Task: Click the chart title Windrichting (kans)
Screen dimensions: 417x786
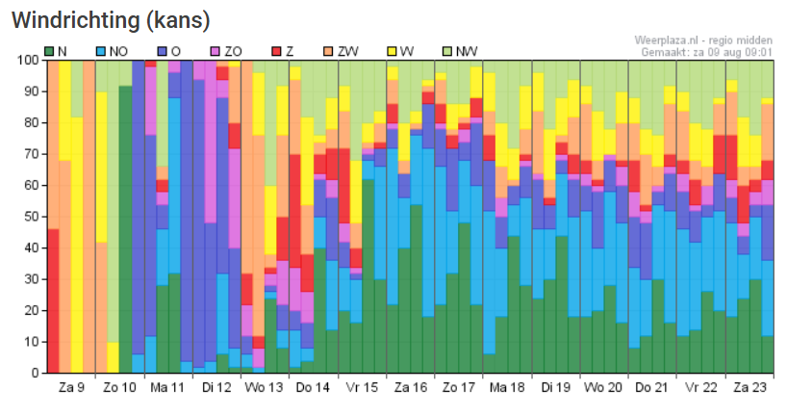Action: click(111, 19)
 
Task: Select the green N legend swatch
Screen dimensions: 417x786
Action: click(50, 49)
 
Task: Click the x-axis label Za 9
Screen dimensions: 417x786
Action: click(71, 388)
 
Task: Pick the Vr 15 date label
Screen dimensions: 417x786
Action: click(362, 388)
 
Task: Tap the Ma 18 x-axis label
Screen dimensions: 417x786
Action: click(507, 388)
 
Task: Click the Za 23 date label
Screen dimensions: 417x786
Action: click(749, 388)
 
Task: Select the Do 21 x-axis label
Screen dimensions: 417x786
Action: click(652, 388)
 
